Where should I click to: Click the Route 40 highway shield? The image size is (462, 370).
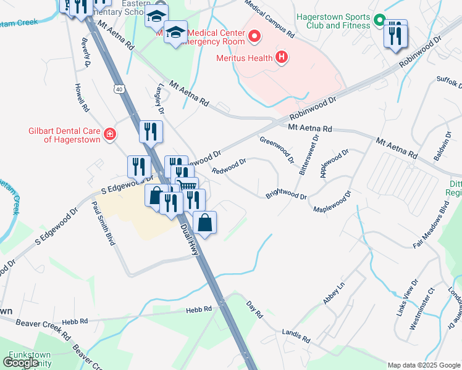[117, 89]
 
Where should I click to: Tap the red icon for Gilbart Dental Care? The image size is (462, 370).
[110, 134]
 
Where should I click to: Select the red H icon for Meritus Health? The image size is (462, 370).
[282, 58]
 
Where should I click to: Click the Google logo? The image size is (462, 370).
[21, 362]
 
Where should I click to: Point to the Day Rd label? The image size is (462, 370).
[255, 308]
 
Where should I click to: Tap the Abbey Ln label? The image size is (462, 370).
[333, 294]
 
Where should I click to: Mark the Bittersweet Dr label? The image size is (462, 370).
[304, 156]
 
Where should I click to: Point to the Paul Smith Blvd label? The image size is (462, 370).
[104, 223]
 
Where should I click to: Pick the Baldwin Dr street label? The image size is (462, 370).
[442, 146]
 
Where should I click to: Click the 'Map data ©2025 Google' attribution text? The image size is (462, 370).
[423, 365]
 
